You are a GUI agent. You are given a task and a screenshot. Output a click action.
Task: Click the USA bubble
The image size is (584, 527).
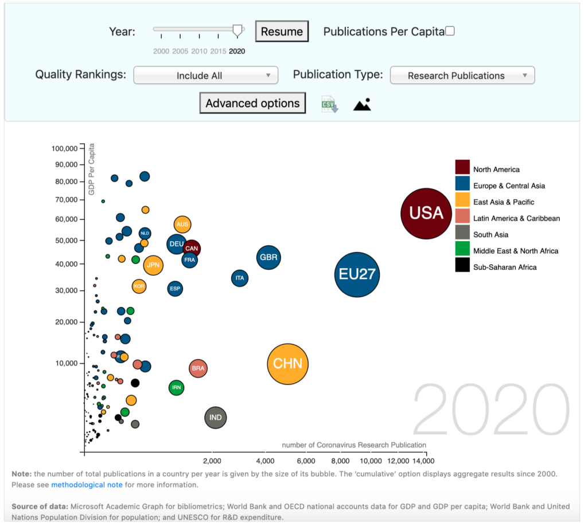(426, 213)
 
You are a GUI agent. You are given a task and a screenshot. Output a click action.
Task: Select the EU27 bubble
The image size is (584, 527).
(357, 274)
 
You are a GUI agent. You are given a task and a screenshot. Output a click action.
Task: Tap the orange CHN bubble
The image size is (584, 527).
(288, 364)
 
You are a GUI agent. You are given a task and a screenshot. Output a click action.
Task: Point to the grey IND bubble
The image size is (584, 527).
(216, 418)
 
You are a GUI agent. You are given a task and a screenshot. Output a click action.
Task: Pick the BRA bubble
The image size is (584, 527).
(198, 368)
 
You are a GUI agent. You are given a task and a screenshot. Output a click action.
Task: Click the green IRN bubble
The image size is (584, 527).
(177, 388)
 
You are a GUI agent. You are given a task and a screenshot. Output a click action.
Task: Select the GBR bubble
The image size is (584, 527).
(268, 258)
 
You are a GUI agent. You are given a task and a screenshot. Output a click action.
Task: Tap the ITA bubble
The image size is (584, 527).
(240, 278)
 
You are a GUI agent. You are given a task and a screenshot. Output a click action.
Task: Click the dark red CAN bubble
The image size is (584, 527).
(192, 249)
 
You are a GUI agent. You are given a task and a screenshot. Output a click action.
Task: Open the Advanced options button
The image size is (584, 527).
(252, 103)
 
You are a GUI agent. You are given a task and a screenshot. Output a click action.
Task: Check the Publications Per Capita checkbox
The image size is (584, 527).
(450, 32)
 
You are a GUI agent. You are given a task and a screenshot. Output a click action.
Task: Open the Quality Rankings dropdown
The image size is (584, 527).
(206, 76)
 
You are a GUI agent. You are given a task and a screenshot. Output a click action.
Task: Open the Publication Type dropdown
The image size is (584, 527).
(462, 76)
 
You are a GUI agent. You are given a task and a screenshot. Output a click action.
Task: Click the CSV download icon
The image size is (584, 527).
(329, 104)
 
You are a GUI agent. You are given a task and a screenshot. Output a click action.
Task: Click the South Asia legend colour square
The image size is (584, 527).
(462, 232)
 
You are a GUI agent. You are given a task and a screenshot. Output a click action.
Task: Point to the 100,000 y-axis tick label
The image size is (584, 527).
(64, 148)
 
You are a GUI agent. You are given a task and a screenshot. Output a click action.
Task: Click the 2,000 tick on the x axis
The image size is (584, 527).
(212, 461)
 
